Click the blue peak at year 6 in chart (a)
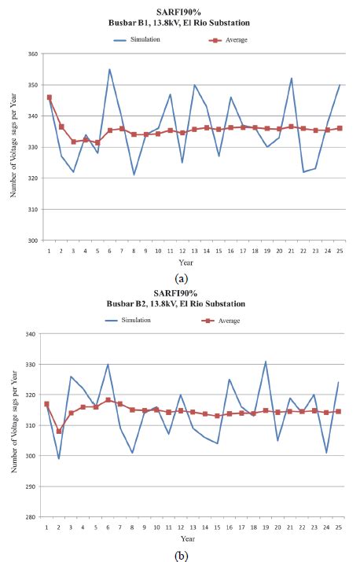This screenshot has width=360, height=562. (x=109, y=69)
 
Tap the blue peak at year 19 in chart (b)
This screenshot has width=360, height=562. (x=266, y=362)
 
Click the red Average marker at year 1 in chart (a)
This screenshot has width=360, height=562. (x=49, y=97)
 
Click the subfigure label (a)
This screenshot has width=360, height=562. (x=180, y=278)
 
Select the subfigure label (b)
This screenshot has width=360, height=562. (x=180, y=553)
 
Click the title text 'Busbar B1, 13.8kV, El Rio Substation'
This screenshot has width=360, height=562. (x=180, y=24)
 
